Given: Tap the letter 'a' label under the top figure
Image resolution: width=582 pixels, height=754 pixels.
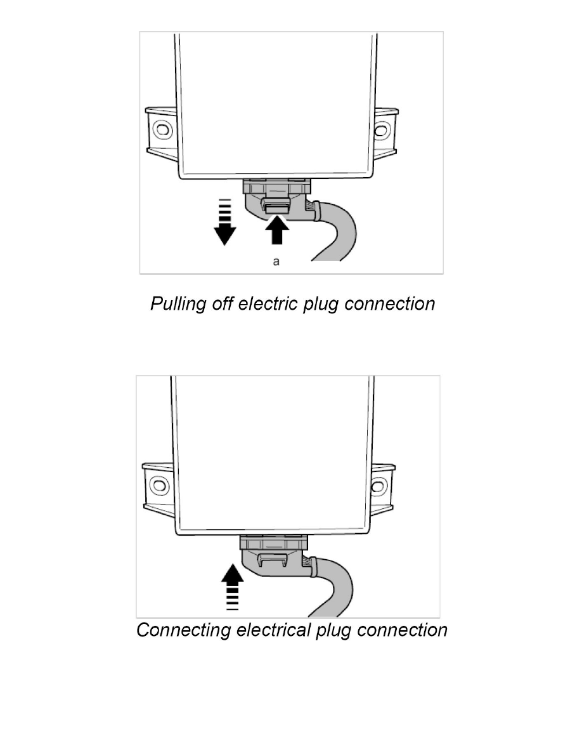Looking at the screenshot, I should click(x=276, y=262).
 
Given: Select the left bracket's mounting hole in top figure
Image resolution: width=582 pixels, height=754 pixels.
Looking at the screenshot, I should click(x=163, y=130).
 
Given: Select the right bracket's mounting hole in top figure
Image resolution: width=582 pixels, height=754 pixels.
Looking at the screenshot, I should click(x=380, y=131).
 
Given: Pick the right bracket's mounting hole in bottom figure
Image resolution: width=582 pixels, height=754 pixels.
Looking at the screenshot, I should click(x=378, y=487).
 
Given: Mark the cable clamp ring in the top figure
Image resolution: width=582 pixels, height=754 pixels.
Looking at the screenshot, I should click(x=314, y=210).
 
